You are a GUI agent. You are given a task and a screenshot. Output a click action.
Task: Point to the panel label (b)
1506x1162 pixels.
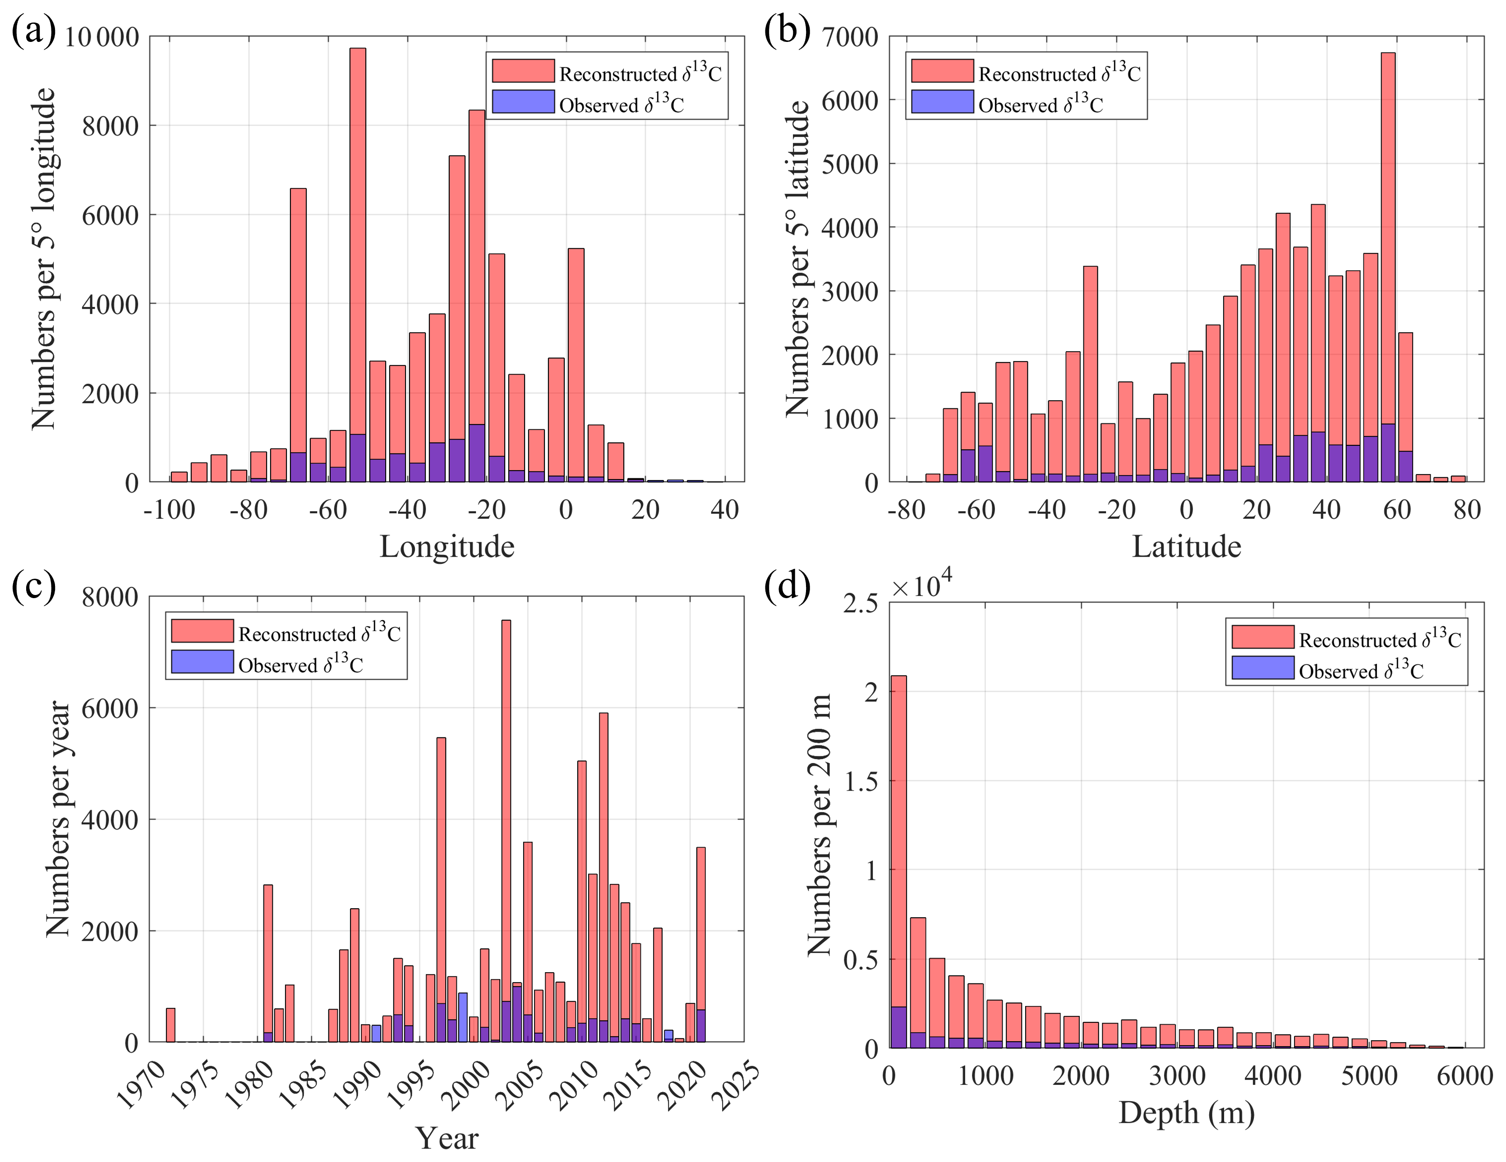point(787,31)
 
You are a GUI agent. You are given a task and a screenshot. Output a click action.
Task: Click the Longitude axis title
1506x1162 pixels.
point(447,547)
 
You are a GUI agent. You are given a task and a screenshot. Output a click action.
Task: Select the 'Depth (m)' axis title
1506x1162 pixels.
point(1186,1112)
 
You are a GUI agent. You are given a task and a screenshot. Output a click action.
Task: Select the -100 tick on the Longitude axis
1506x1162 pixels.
point(169,510)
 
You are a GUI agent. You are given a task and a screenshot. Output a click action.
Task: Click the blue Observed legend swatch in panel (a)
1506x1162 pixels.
point(523,102)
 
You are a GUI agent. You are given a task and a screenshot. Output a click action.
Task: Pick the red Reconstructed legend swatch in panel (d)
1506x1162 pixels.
point(1262,637)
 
